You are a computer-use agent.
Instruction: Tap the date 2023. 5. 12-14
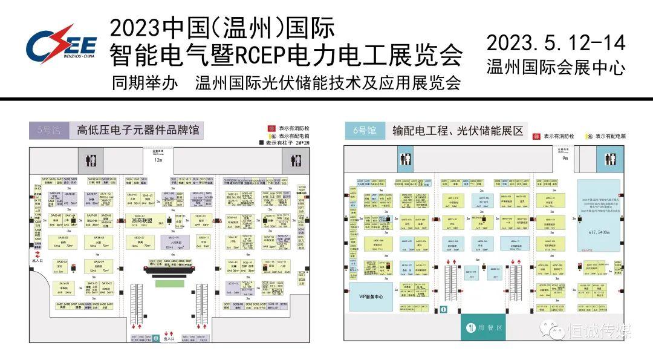point(556,43)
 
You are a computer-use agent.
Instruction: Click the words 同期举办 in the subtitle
point(145,83)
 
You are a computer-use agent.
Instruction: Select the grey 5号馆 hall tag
point(48,130)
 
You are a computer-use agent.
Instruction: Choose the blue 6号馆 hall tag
point(365,130)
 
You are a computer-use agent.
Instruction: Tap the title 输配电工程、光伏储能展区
point(458,130)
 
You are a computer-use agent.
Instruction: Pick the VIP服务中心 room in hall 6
point(367,296)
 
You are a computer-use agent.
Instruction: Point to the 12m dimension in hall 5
point(159,160)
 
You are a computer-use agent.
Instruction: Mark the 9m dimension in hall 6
point(565,158)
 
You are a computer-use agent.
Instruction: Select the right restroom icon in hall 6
point(609,160)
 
